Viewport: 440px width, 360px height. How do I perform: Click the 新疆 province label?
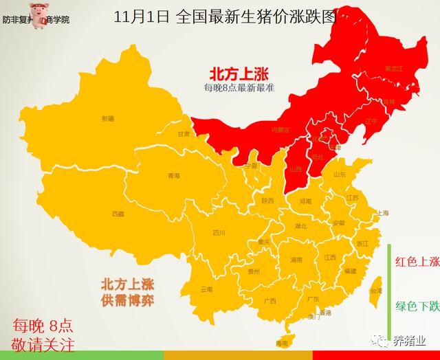tap(108, 118)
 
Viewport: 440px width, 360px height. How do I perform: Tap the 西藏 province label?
tap(118, 214)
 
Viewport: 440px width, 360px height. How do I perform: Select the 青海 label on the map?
tap(173, 176)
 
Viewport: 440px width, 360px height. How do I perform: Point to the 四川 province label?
tap(219, 232)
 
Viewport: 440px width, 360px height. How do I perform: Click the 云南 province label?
tap(206, 289)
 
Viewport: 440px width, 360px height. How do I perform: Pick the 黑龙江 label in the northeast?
tap(394, 69)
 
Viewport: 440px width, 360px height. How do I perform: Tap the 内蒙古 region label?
tap(280, 129)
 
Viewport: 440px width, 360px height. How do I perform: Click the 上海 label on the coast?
tap(383, 213)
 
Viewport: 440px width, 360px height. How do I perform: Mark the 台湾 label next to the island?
tap(376, 291)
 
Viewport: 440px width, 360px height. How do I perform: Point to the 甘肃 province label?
tap(184, 134)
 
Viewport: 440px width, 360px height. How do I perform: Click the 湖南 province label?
tap(296, 260)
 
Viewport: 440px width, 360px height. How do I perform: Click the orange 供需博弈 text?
tap(128, 300)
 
